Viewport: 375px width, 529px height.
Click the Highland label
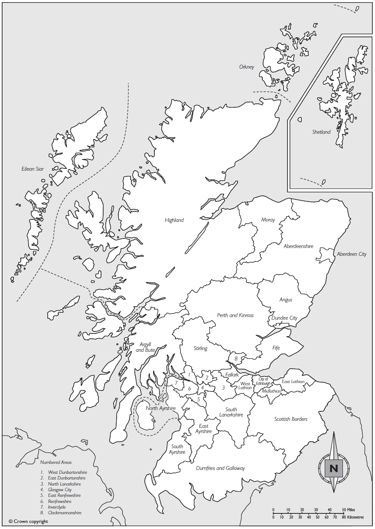point(174,220)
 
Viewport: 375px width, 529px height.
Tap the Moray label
point(268,220)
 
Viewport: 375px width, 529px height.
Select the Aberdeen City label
point(352,254)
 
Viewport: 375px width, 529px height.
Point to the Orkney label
point(247,67)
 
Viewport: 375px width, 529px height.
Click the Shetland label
point(321,132)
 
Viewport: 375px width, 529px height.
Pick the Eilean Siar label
point(33,169)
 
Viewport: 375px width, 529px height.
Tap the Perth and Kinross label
point(235,315)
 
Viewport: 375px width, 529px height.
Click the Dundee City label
point(284,318)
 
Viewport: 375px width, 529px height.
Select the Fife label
point(276,348)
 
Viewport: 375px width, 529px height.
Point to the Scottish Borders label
point(291,419)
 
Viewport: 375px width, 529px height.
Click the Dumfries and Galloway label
point(220,468)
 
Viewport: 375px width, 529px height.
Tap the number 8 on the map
point(236,359)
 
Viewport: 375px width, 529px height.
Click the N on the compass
point(334,469)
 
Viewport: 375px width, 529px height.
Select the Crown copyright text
point(28,521)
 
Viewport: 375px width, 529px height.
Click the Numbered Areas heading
point(56,463)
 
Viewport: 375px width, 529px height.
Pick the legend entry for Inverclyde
point(57,507)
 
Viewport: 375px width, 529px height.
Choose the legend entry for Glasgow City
point(60,489)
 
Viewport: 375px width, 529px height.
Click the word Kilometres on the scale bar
point(355,517)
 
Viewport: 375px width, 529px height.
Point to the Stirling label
point(200,348)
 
